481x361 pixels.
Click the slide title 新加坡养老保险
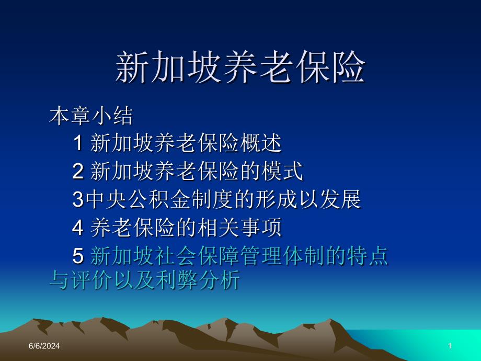pyautogui.click(x=240, y=66)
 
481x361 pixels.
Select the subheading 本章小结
pyautogui.click(x=91, y=116)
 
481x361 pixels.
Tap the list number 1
pyautogui.click(x=78, y=143)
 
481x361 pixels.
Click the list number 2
pyautogui.click(x=78, y=171)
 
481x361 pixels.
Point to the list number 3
pyautogui.click(x=78, y=199)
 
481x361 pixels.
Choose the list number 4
pyautogui.click(x=78, y=228)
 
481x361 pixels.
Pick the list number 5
pyautogui.click(x=78, y=256)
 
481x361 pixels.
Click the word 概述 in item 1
pyautogui.click(x=261, y=143)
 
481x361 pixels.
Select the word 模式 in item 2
pyautogui.click(x=282, y=171)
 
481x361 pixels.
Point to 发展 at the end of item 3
pyautogui.click(x=340, y=199)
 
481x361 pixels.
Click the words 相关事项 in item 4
pyautogui.click(x=239, y=228)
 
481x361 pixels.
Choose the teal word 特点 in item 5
pyautogui.click(x=368, y=256)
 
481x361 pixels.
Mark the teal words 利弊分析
pyautogui.click(x=198, y=280)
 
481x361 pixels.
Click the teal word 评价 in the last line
pyautogui.click(x=91, y=280)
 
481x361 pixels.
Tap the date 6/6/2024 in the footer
pyautogui.click(x=44, y=346)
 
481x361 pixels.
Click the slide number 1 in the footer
pyautogui.click(x=450, y=346)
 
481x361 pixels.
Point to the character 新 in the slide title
pyautogui.click(x=132, y=66)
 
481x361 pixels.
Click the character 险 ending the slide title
pyautogui.click(x=348, y=66)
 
